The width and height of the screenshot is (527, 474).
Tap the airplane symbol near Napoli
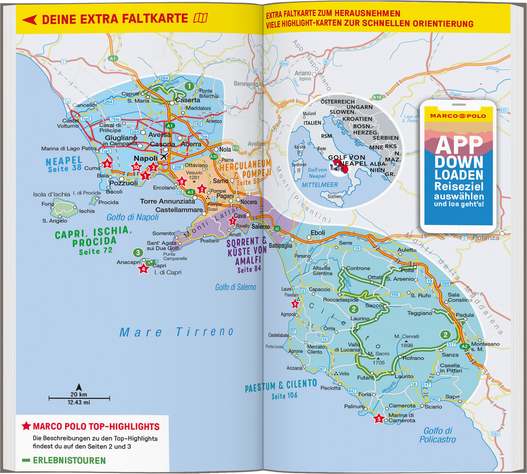click(x=164, y=157)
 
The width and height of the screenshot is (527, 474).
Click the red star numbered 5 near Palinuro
click(x=379, y=419)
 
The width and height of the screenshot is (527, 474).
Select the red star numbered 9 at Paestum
click(x=295, y=303)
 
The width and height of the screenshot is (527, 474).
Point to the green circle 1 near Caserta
click(x=189, y=86)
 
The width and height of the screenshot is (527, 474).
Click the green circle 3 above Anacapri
click(x=137, y=253)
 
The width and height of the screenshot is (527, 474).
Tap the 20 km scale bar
click(x=80, y=397)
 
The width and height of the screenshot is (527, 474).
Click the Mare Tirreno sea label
click(x=177, y=332)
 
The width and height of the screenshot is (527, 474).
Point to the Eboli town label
click(x=318, y=233)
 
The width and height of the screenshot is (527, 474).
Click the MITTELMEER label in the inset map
click(x=320, y=185)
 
